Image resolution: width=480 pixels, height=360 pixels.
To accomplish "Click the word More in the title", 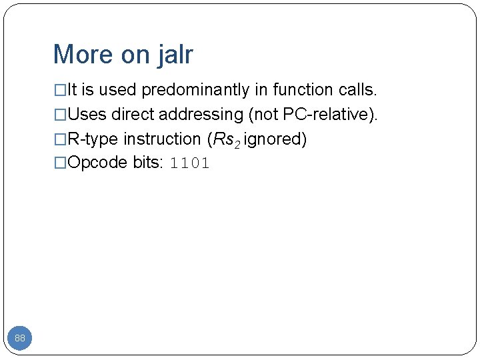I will (82, 55).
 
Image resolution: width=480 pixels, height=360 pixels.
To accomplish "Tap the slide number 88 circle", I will (20, 339).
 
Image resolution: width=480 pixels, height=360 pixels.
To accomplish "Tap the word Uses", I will (87, 115).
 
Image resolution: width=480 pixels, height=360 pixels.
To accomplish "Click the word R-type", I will (94, 139).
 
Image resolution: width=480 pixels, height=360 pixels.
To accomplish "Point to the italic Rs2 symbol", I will (225, 140).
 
